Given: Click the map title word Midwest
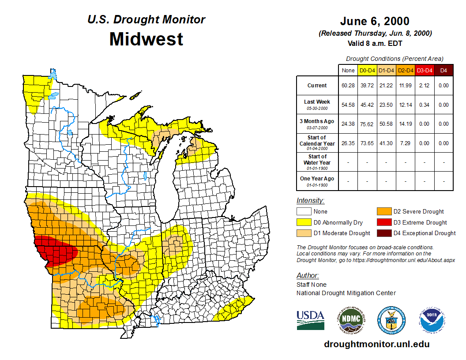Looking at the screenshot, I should point(146,39).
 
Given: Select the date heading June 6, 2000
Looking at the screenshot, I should point(375,21).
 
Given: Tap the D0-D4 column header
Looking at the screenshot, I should point(367,71).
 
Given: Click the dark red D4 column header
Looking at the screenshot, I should point(443,71).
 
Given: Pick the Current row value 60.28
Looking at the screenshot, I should point(348,86).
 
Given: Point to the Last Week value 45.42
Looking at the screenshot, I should point(367,105).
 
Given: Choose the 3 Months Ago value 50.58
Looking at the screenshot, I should point(386,124).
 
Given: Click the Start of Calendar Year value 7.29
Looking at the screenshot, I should point(405,143).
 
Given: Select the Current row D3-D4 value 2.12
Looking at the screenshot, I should point(425,86).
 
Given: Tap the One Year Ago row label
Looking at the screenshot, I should point(317,179).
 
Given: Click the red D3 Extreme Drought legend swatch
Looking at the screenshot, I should point(383,222).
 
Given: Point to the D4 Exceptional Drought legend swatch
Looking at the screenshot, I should point(383,233).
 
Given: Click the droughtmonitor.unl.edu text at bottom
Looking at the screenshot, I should point(376,344).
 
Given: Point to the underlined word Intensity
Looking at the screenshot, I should point(310,200).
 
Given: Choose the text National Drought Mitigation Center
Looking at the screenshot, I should point(346,293).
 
